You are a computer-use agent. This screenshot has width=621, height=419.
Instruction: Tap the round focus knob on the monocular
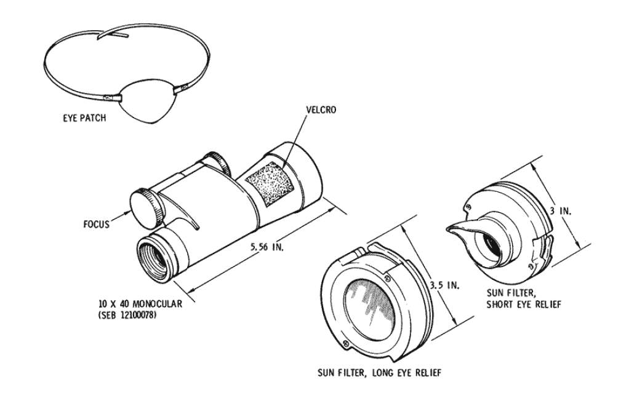(144, 207)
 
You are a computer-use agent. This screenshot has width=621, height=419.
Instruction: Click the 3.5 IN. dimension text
(444, 284)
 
